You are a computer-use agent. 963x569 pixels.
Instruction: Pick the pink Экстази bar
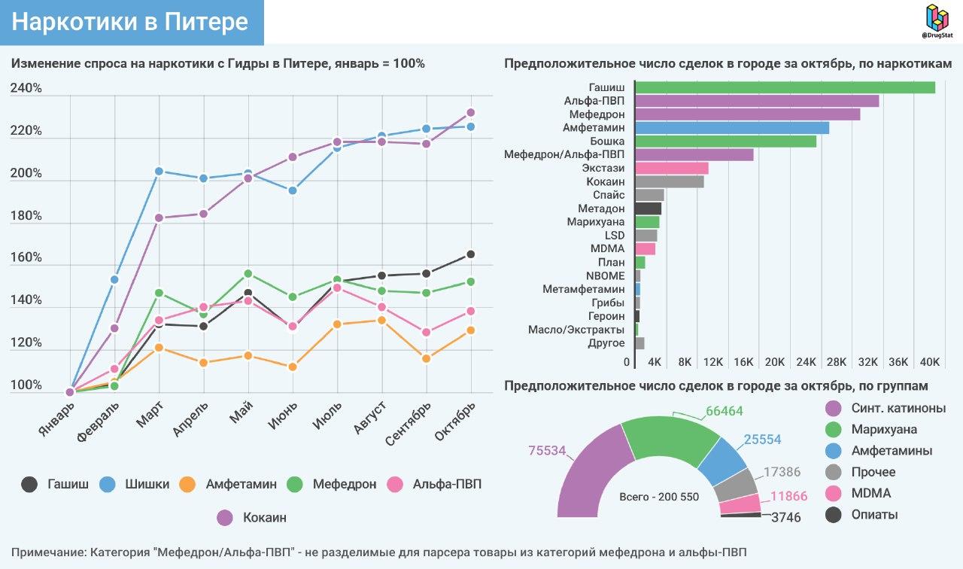(x=672, y=168)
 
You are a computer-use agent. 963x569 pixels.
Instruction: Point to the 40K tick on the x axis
(x=930, y=362)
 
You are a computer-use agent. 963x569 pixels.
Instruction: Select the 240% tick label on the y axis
(x=26, y=89)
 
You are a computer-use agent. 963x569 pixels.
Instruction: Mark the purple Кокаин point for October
(x=471, y=112)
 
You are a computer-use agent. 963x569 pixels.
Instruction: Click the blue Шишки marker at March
(x=159, y=171)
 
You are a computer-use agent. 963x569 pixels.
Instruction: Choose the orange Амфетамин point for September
(x=427, y=358)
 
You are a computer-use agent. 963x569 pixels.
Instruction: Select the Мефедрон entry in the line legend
(x=344, y=484)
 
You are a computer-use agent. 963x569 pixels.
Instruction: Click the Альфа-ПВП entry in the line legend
(x=447, y=484)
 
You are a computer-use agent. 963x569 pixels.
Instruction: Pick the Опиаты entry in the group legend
(x=874, y=515)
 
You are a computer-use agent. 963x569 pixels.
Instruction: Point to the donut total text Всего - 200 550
(x=659, y=497)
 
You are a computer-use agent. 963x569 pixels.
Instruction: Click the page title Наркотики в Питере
(x=130, y=22)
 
